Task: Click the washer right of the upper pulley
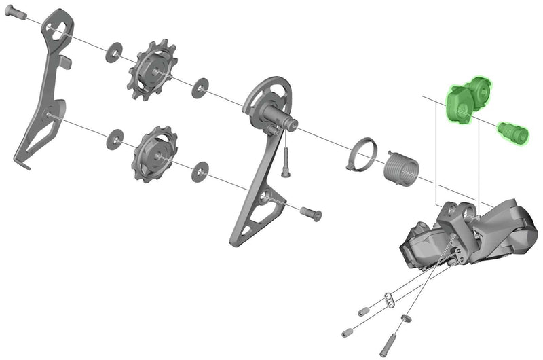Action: pos(200,86)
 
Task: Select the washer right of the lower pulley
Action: pos(200,172)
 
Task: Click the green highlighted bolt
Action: pos(513,132)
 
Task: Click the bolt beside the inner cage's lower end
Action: pos(310,212)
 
